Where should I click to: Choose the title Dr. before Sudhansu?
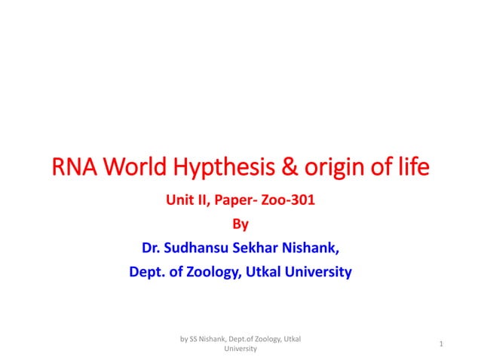[150, 248]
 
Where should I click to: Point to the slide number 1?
[440, 344]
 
